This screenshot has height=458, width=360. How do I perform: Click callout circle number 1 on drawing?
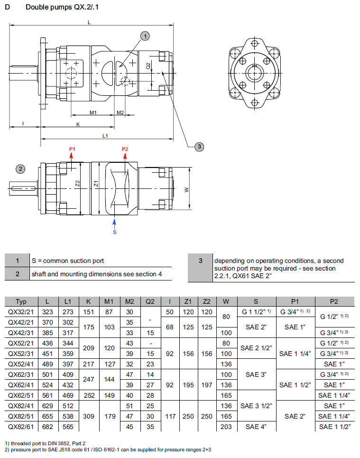click(x=145, y=36)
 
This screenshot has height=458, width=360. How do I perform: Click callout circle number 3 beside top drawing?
click(x=200, y=147)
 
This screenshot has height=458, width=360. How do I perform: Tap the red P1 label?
click(x=72, y=150)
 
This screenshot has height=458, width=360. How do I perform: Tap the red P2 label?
click(x=125, y=150)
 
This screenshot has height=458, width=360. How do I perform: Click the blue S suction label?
click(x=114, y=232)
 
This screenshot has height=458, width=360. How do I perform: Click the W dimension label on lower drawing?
click(x=186, y=189)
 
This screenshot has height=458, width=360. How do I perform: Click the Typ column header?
click(x=21, y=301)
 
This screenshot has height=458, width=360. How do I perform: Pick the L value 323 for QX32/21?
click(x=47, y=311)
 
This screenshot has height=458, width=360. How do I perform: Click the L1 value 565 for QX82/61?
click(x=68, y=426)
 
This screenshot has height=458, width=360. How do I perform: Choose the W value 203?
click(x=226, y=426)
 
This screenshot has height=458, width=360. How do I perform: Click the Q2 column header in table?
click(x=150, y=301)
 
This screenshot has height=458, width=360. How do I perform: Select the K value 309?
click(x=89, y=416)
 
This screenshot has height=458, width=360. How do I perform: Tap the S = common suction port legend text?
click(x=67, y=261)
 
